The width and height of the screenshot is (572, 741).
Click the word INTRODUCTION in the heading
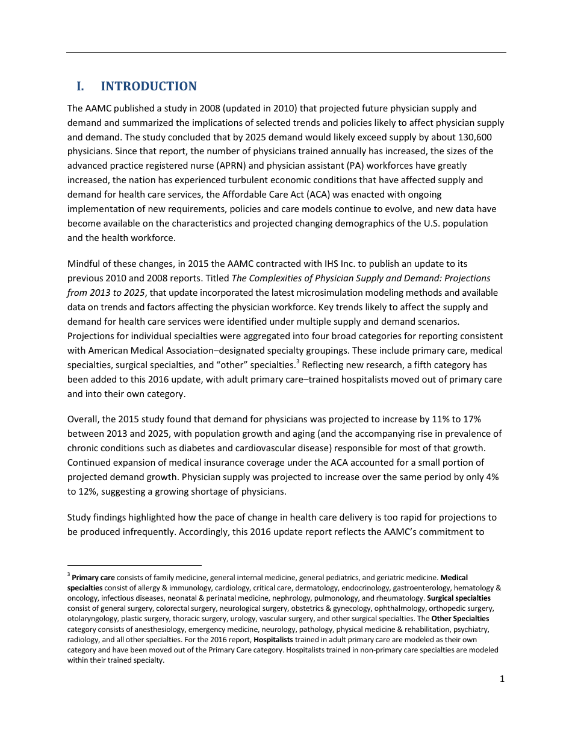tap(148, 86)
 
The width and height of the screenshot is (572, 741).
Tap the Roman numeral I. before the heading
tap(79, 86)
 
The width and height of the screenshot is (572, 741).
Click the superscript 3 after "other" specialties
tap(297, 362)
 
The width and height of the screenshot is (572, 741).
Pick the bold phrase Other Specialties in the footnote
tap(460, 619)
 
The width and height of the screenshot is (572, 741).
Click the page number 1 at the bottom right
tap(502, 680)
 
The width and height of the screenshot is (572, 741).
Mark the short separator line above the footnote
tap(134, 566)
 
